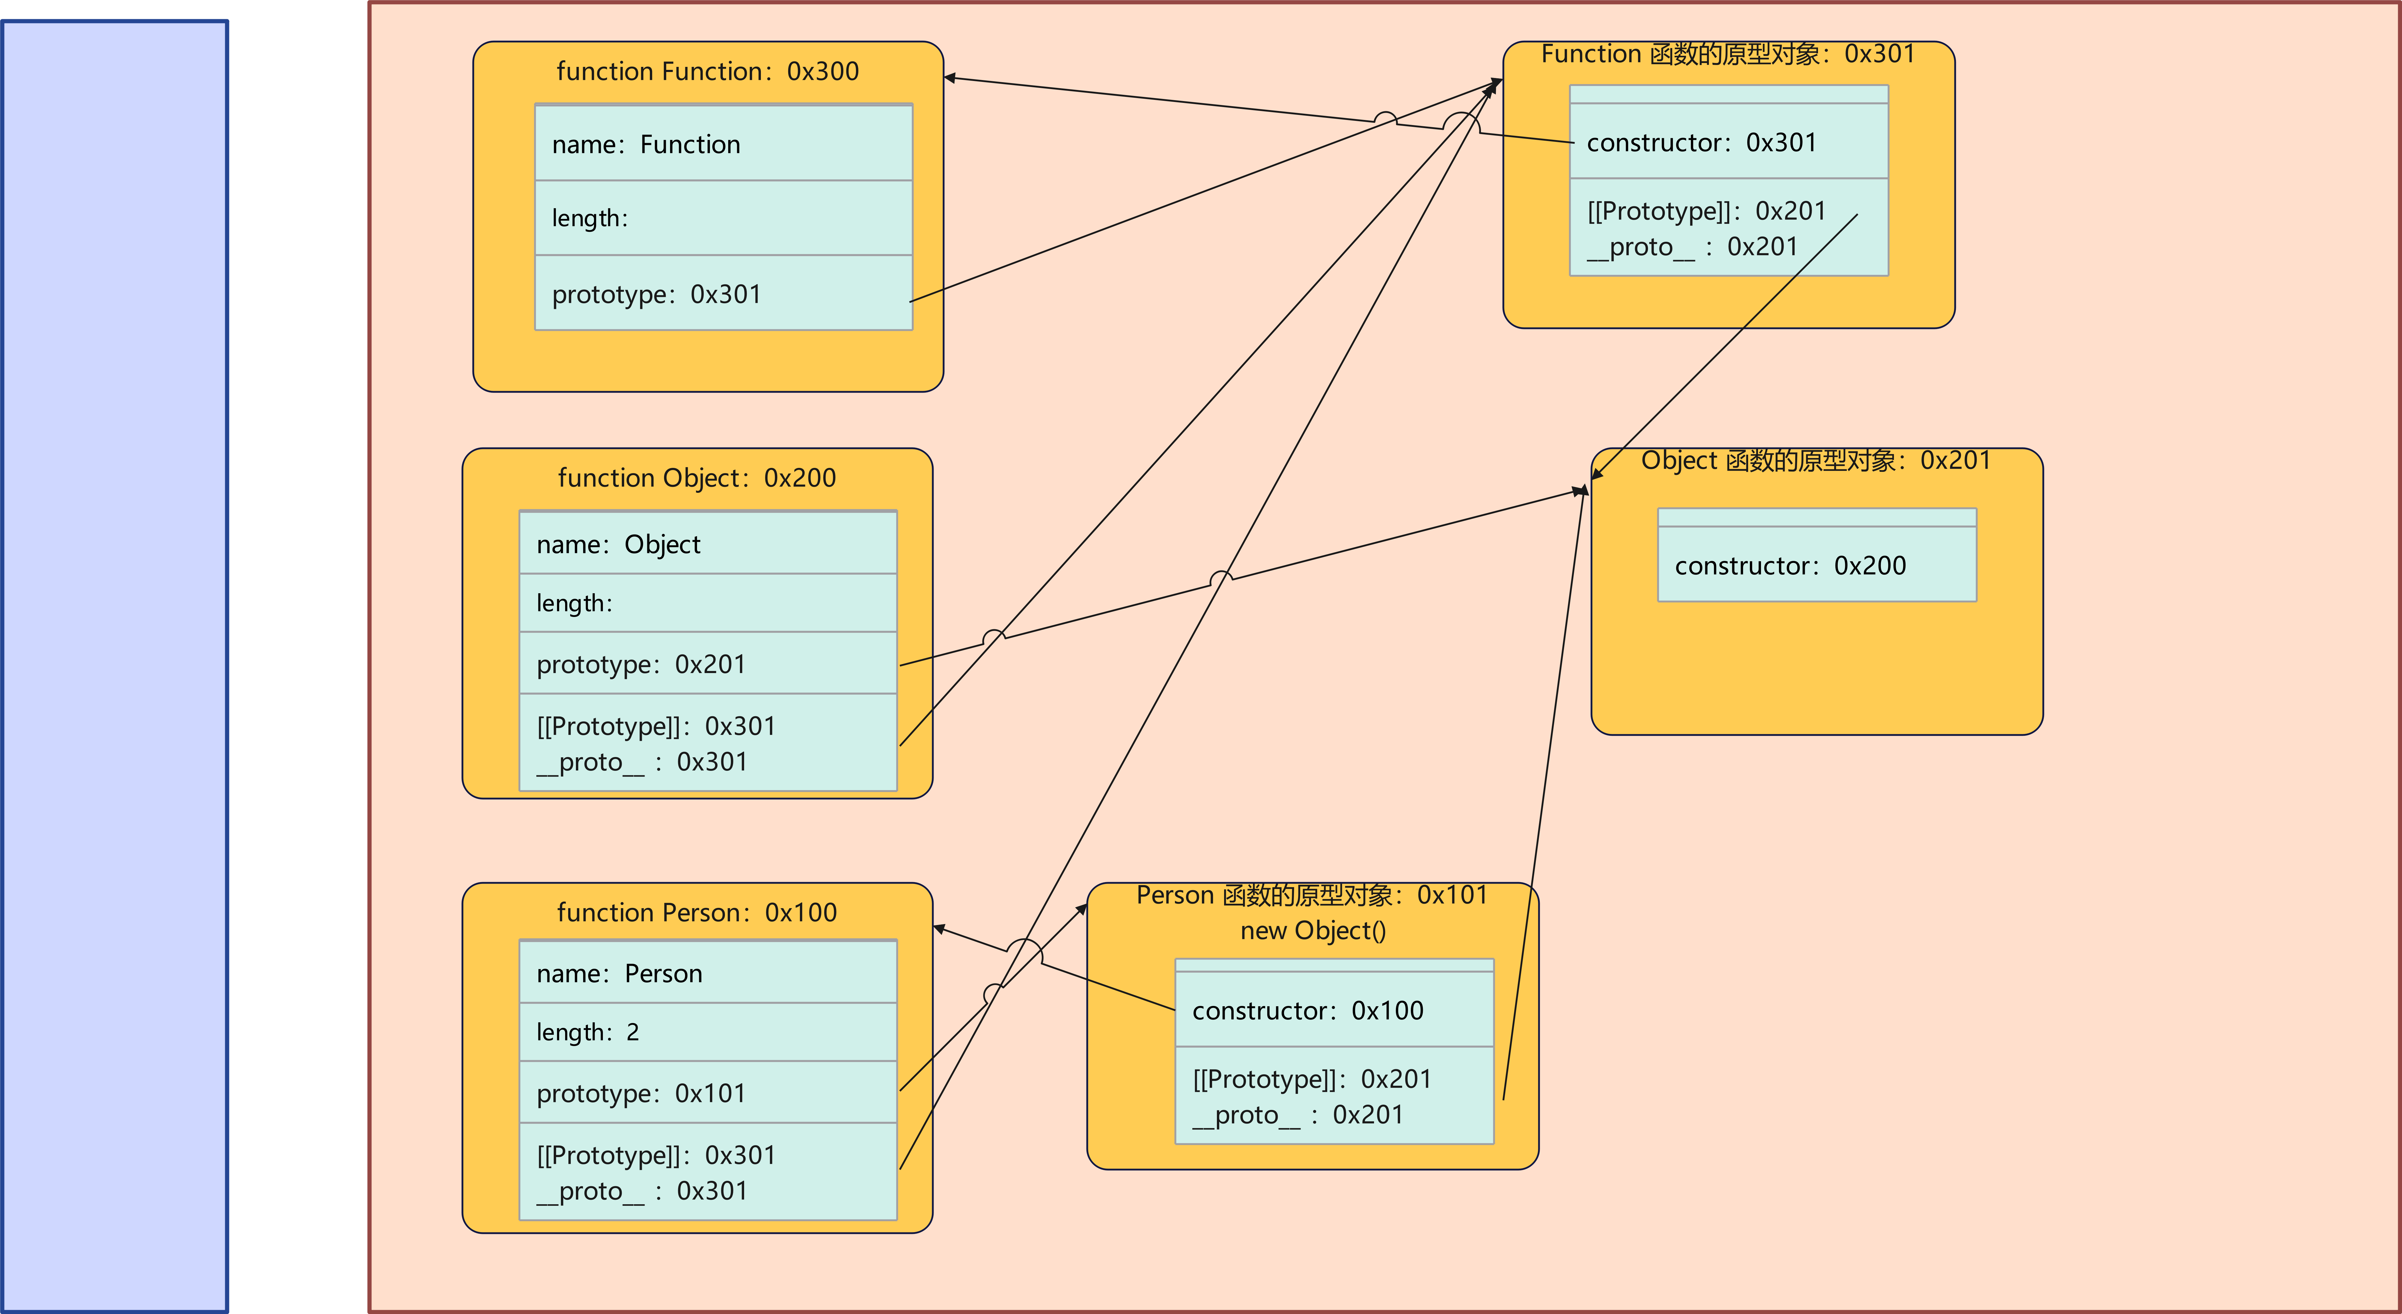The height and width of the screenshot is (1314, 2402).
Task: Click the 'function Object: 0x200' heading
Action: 696,478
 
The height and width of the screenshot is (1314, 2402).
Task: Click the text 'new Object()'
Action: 1313,931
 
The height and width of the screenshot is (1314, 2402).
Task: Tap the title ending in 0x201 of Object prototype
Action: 1816,461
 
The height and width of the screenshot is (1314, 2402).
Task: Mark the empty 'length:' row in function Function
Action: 723,218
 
